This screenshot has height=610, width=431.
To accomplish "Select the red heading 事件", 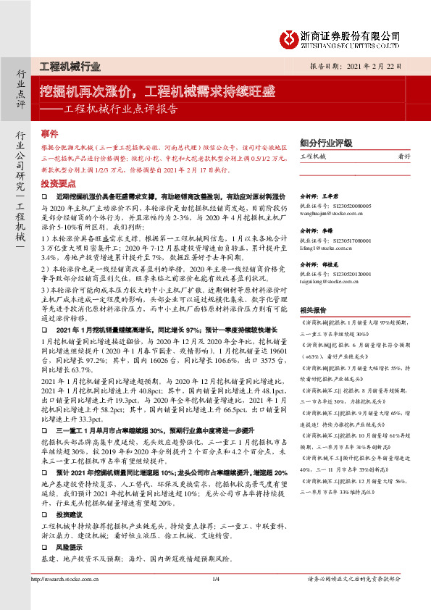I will [49, 135].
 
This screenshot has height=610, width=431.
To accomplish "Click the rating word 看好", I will [404, 156].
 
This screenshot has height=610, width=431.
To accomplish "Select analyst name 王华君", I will [330, 197].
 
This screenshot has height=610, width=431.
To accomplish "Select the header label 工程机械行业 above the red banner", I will [69, 66].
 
